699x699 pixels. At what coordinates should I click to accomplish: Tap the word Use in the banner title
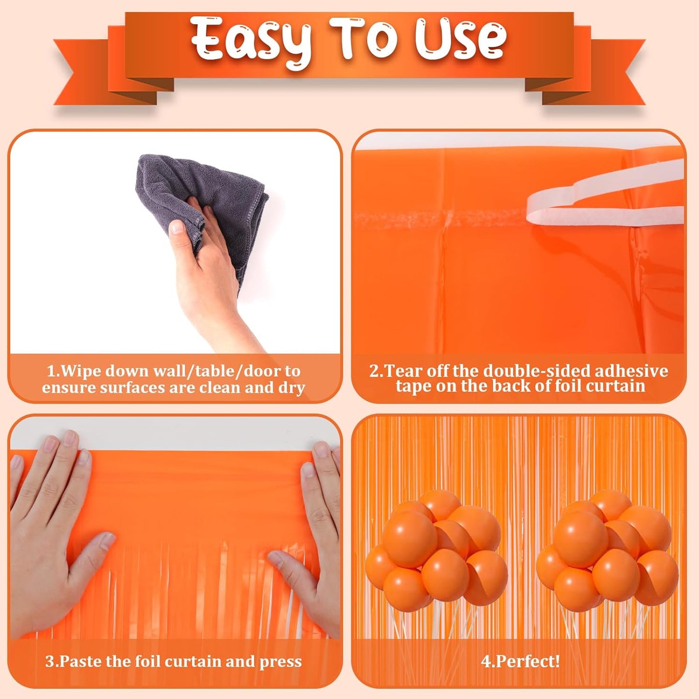point(460,39)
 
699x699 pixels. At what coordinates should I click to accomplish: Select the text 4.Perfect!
point(520,661)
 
